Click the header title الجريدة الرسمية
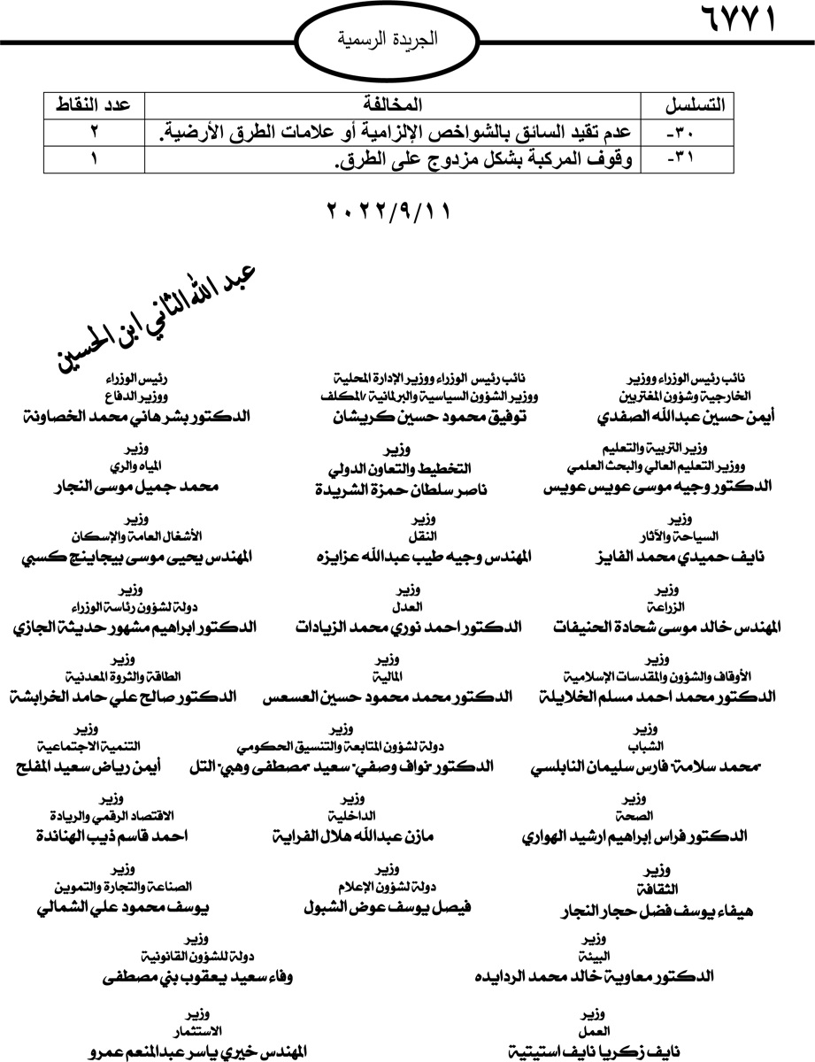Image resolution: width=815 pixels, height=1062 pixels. pos(389,40)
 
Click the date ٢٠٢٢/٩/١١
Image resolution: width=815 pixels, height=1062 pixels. pos(389,213)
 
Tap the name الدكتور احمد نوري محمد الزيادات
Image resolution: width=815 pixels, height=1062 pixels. pos(409,627)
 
